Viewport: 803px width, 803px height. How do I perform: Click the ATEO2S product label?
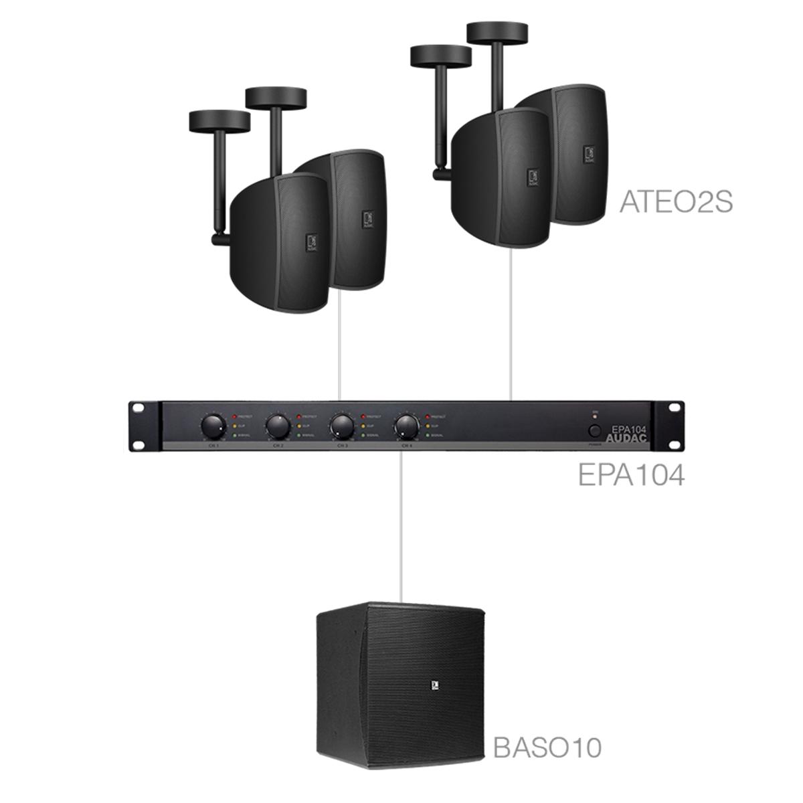pos(677,201)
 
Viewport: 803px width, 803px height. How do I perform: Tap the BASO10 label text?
pos(547,747)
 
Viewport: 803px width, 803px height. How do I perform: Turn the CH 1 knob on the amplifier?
pos(213,424)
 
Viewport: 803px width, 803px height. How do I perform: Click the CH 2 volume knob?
pos(277,424)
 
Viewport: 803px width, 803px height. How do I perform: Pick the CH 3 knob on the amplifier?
pos(341,424)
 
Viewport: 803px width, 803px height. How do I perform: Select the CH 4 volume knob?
pos(406,424)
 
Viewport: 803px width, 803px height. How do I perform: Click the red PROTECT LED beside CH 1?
pos(234,416)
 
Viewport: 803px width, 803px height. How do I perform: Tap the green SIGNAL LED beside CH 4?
pos(427,434)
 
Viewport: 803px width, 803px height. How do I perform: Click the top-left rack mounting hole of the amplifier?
pos(139,408)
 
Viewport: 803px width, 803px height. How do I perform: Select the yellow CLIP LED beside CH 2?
pos(298,426)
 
